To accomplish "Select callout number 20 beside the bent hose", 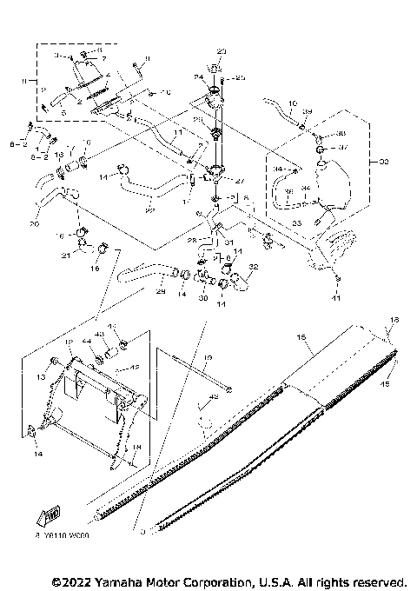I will [34, 223].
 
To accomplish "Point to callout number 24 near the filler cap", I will [197, 78].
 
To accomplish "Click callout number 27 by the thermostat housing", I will [241, 183].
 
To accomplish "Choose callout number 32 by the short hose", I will [254, 267].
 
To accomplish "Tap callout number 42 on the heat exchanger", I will [134, 367].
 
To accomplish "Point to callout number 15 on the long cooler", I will [302, 335].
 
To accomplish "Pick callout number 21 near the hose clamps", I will [65, 256].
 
